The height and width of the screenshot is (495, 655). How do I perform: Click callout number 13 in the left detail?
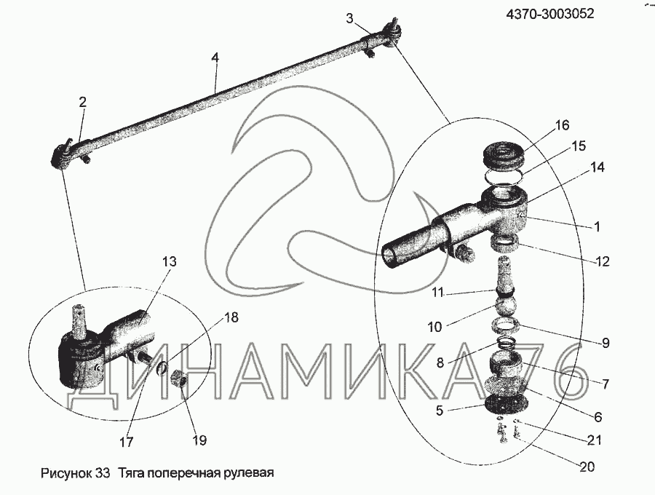[170, 261]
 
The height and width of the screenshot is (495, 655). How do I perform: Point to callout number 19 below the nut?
[199, 440]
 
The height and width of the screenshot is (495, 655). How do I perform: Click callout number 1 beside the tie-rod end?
[597, 226]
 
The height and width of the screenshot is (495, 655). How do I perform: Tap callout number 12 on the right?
[601, 261]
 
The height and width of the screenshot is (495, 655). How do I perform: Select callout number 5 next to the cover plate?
[440, 410]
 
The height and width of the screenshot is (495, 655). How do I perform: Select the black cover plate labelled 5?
[504, 404]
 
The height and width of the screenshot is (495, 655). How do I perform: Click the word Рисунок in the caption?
[62, 472]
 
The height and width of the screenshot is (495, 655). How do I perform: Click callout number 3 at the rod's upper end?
[349, 18]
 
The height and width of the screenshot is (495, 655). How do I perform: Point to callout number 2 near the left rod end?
[82, 103]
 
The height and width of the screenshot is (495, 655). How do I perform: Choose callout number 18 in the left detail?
[231, 317]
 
